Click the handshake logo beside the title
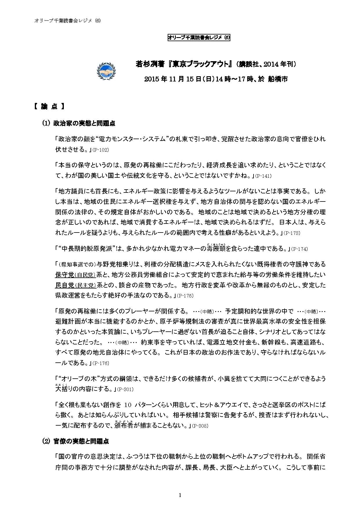click(106, 71)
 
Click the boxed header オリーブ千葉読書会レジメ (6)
click(199, 38)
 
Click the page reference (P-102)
click(100, 150)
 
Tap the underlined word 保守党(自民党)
click(75, 275)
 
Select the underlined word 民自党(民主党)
click(75, 285)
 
